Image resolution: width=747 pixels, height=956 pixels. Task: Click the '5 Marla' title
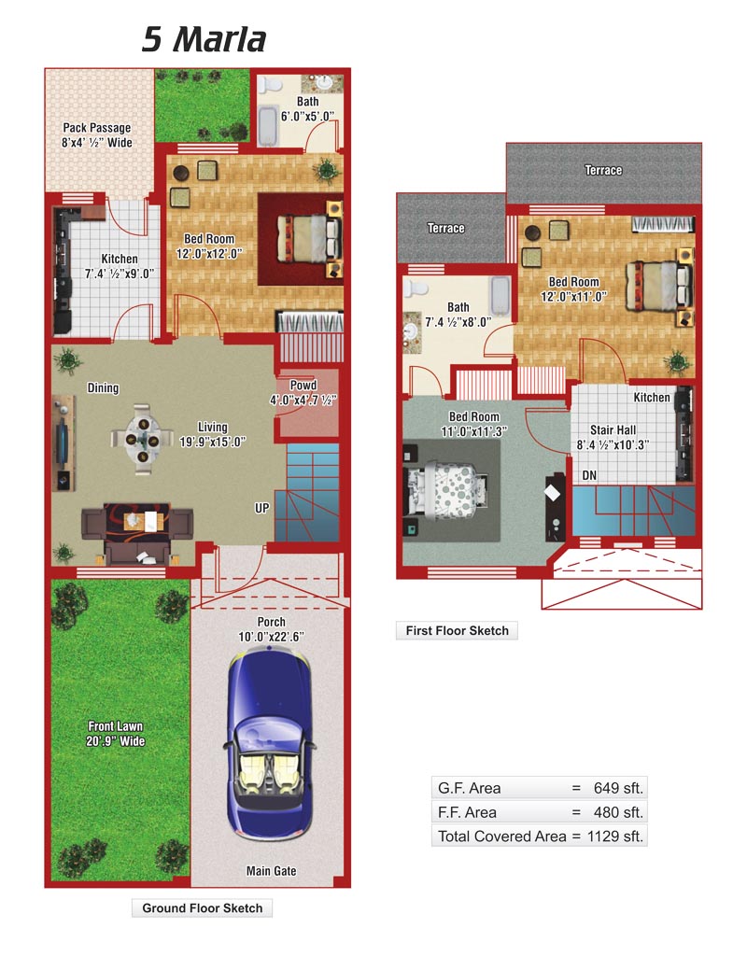tap(204, 39)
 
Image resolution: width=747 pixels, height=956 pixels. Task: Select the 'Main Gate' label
tap(272, 871)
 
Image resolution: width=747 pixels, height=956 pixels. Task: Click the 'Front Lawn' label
tap(115, 726)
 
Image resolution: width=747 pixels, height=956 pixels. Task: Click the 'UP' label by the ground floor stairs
tap(261, 508)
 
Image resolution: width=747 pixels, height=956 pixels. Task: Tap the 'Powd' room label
tap(303, 386)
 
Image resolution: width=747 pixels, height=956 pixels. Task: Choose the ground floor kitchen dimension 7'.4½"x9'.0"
tap(119, 274)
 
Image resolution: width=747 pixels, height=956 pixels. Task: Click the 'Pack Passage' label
tap(97, 127)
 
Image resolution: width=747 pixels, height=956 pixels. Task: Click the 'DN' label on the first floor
tap(589, 475)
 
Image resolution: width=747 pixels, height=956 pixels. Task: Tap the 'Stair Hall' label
tap(613, 429)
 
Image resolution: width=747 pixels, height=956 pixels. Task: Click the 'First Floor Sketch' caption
tap(457, 630)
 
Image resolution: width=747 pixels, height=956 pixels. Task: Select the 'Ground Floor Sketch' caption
tap(202, 907)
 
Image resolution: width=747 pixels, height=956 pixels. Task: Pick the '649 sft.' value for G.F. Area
tap(618, 788)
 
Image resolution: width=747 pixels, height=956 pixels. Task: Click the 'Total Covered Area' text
tap(501, 836)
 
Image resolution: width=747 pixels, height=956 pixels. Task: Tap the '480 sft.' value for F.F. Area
tap(618, 812)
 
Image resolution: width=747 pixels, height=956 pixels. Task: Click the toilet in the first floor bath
tap(416, 288)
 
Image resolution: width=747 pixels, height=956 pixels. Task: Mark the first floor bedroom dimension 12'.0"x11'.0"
tap(573, 297)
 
